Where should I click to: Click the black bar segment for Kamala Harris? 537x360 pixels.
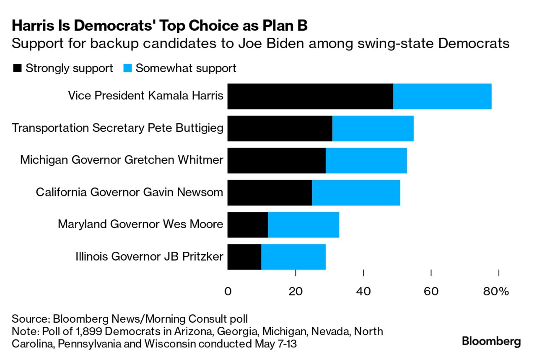point(310,96)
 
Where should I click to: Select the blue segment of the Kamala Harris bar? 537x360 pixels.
point(442,96)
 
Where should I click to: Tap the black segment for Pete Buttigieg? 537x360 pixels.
point(280,128)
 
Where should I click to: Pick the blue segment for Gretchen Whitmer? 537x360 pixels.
point(366,161)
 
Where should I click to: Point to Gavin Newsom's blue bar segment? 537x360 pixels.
point(356,193)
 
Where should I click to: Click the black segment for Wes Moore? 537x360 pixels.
point(248,225)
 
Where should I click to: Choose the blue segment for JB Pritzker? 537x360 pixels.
point(293,257)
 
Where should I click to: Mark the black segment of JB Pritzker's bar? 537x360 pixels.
point(244,257)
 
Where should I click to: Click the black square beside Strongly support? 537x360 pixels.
point(17,68)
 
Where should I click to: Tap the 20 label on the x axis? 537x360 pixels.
point(296,291)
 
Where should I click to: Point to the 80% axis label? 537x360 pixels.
point(496,291)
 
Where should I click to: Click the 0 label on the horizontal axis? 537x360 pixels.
point(228,291)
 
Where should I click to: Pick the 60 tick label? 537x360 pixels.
point(431,291)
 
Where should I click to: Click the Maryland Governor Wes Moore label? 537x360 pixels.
point(140,224)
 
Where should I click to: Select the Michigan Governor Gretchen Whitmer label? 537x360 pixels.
point(122,160)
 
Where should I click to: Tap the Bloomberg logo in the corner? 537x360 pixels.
point(491,341)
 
